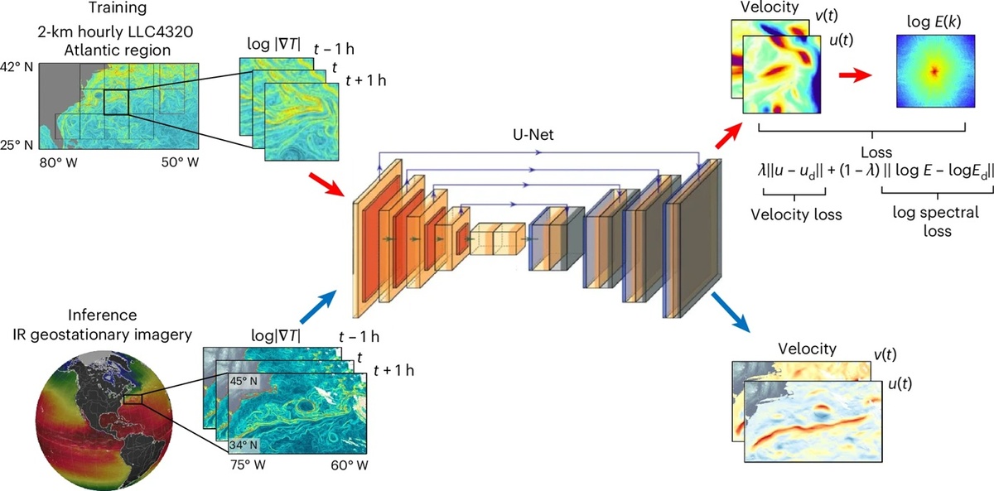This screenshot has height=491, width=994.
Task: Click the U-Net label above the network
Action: (533, 134)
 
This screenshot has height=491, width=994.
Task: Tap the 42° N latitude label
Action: (17, 67)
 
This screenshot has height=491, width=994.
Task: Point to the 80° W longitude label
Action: (58, 163)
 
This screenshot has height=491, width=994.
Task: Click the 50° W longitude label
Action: (180, 162)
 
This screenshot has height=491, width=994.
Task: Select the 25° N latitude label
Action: (17, 145)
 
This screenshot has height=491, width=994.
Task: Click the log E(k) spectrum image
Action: (935, 71)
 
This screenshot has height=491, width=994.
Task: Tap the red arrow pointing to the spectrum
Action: (855, 75)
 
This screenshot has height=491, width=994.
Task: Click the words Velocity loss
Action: (796, 214)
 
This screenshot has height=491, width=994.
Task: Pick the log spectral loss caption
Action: (937, 222)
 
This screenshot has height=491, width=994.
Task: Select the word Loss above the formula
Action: (876, 152)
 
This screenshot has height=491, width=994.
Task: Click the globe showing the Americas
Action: (104, 421)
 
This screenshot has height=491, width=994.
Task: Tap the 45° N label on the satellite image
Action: (244, 381)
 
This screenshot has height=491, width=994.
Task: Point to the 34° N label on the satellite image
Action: (244, 445)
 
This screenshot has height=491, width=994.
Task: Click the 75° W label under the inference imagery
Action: (248, 465)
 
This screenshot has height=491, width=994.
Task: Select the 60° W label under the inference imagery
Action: (350, 465)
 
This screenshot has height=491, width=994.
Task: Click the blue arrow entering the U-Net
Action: (318, 307)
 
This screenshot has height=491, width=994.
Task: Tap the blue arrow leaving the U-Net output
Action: (731, 312)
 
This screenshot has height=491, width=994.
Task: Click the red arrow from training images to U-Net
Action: (326, 185)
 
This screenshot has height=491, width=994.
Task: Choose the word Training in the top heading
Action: (117, 8)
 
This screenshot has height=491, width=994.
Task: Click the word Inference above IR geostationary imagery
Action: (102, 315)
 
